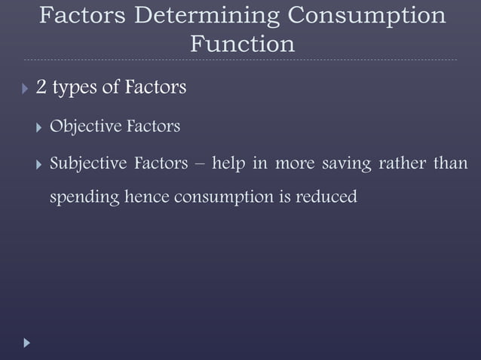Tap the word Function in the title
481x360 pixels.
[x=241, y=44]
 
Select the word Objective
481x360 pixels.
[x=83, y=127]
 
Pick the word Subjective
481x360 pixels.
[x=85, y=163]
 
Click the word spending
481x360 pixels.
[x=82, y=199]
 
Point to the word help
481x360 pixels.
[x=230, y=163]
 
